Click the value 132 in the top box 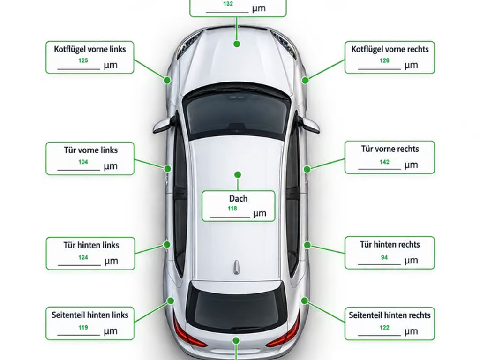point(228,4)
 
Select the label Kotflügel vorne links point(90,49)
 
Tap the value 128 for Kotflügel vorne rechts point(384,60)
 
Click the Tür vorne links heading point(91,150)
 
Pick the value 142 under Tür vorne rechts point(384,162)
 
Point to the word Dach point(238,199)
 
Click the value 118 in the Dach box point(232,209)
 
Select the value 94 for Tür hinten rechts point(384,257)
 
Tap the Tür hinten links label point(91,245)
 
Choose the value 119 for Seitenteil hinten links point(83,328)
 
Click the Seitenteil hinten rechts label point(390,315)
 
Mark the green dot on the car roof point(238,175)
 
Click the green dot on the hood point(237,44)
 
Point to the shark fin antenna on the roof point(236,267)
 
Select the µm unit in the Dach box point(260,214)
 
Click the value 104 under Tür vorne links point(83,162)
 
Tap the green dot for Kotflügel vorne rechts point(305,81)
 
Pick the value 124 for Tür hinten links point(83,257)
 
